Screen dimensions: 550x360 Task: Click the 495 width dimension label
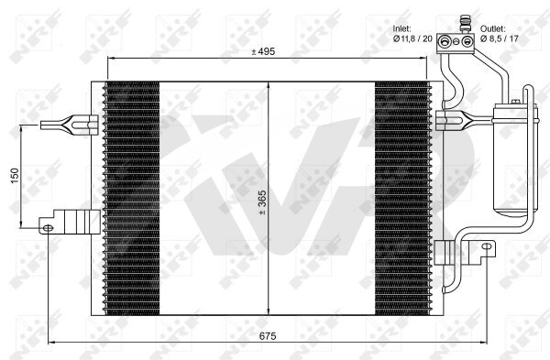tap(263, 51)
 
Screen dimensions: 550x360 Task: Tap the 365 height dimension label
tap(262, 202)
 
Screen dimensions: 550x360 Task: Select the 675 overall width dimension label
tap(268, 336)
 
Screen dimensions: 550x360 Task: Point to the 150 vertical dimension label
tap(15, 176)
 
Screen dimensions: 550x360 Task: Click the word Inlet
tap(402, 28)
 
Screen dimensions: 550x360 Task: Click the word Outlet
tap(493, 28)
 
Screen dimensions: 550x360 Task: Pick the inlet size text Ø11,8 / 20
tap(412, 38)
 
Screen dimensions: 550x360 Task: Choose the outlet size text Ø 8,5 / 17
tap(500, 38)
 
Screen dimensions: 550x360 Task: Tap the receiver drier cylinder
tap(511, 158)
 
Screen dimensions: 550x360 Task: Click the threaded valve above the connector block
tap(466, 23)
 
